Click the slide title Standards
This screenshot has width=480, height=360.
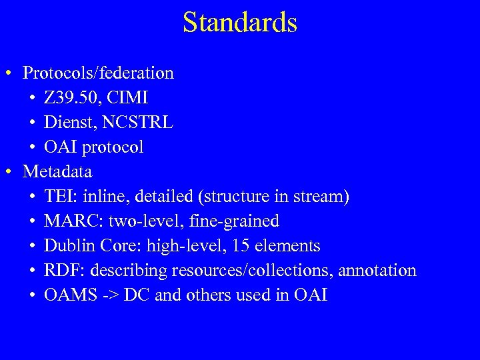coord(240,23)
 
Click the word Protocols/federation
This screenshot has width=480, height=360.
coord(98,73)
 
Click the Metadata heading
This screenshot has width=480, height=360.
coord(57,172)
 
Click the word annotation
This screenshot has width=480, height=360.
coord(377,271)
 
